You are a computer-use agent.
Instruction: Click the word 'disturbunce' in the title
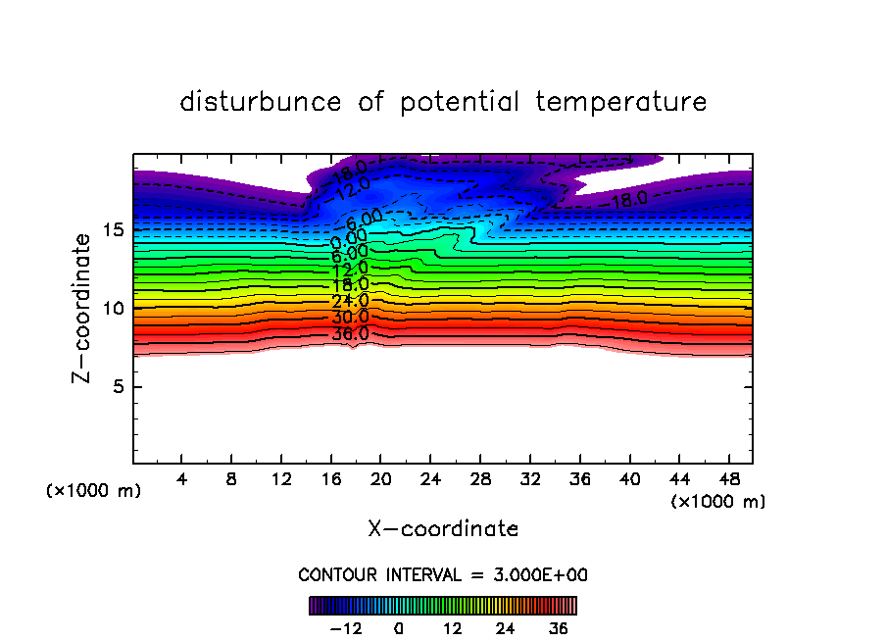262,102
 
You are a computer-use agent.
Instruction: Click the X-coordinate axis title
443,529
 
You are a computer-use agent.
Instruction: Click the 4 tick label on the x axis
180,480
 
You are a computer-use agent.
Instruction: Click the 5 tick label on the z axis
118,387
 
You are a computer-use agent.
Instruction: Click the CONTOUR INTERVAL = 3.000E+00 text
443,574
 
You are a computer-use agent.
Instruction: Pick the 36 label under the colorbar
558,628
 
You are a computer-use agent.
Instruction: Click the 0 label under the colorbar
399,628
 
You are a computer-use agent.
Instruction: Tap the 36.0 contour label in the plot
350,333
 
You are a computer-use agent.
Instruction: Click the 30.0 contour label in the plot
350,318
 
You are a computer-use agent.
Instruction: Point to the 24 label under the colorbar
505,628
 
